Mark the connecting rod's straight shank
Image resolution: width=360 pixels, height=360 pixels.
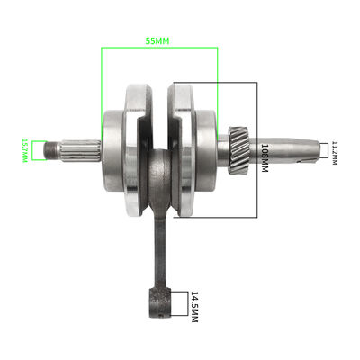[x=159, y=243]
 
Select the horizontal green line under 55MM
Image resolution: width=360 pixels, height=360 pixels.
[x=159, y=50]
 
